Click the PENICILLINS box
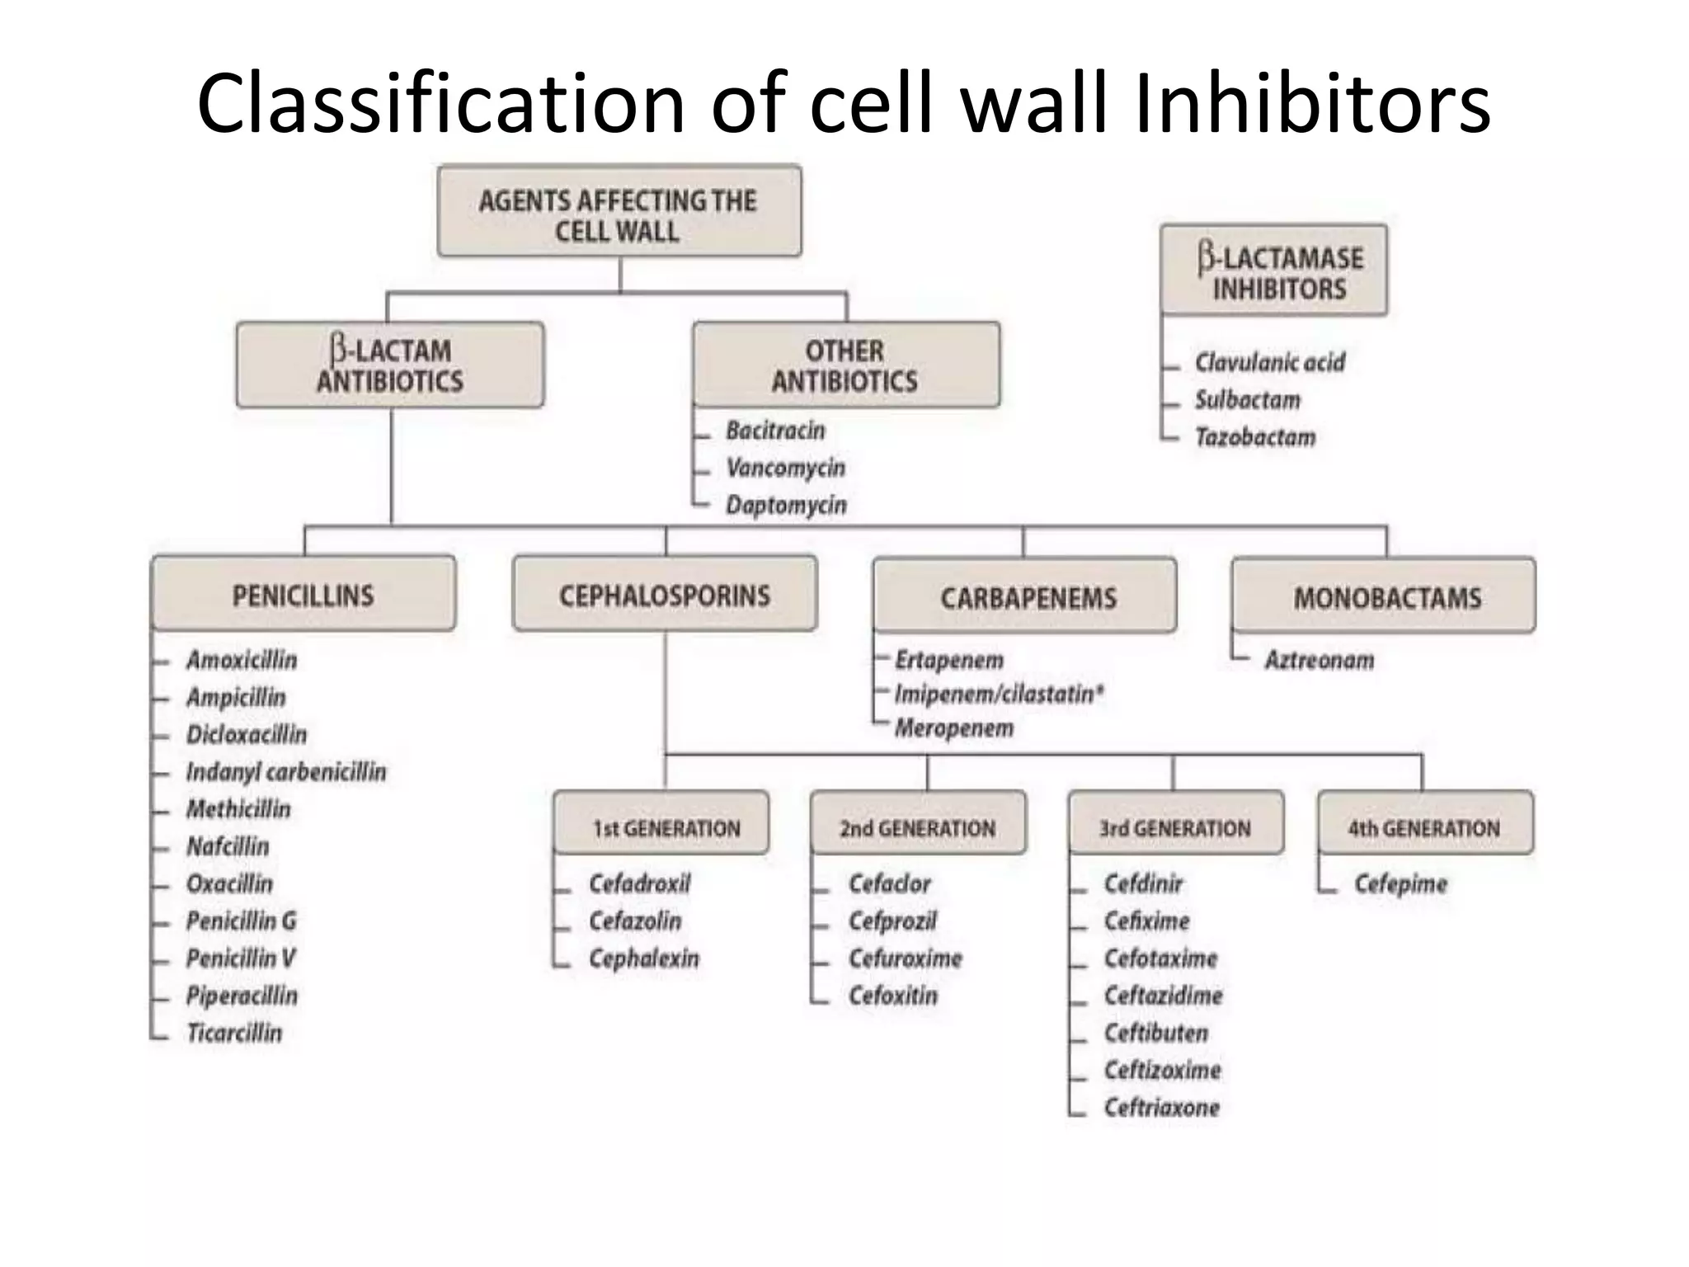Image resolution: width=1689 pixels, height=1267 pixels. (x=303, y=594)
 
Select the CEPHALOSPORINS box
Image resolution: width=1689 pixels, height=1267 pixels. (x=665, y=594)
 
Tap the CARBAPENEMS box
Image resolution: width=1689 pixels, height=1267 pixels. (x=1025, y=596)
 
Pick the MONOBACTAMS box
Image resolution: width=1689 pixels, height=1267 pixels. (x=1384, y=596)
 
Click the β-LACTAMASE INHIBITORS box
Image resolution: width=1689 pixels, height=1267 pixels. (x=1274, y=271)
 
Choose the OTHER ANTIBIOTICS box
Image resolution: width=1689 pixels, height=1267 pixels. (x=845, y=365)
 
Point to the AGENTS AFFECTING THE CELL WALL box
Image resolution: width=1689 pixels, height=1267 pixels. (x=619, y=212)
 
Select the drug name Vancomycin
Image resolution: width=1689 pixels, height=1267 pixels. (x=785, y=468)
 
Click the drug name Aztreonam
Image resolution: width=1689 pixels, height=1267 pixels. (x=1320, y=660)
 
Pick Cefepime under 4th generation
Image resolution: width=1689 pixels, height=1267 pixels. (x=1400, y=883)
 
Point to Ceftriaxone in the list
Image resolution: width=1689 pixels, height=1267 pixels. (x=1161, y=1107)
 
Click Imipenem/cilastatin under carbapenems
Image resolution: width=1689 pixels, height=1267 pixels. (x=998, y=695)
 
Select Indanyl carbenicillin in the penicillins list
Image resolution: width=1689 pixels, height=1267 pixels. (x=285, y=772)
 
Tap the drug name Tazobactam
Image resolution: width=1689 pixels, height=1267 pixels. (x=1255, y=437)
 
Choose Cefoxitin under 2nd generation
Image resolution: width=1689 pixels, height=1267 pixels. (x=893, y=996)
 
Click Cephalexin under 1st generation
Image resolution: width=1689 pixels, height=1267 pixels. (x=643, y=958)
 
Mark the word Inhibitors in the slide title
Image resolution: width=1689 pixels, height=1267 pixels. (x=1311, y=103)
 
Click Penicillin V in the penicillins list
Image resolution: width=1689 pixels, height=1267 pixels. (x=240, y=958)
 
